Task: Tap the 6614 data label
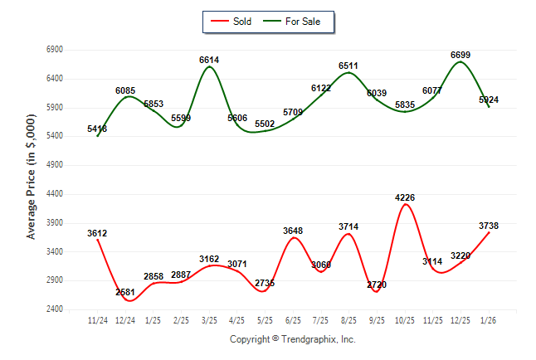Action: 209,61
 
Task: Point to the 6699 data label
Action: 460,55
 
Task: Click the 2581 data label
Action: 125,292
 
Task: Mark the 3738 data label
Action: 488,225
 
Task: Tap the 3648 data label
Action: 293,231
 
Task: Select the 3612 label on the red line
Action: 97,233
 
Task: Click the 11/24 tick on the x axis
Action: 97,319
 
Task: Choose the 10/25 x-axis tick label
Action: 405,319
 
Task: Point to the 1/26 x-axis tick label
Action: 489,319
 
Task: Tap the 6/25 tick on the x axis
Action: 293,319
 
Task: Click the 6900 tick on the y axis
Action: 55,50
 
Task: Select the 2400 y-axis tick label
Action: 55,309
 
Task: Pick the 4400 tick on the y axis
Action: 55,194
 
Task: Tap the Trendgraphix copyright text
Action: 292,339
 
